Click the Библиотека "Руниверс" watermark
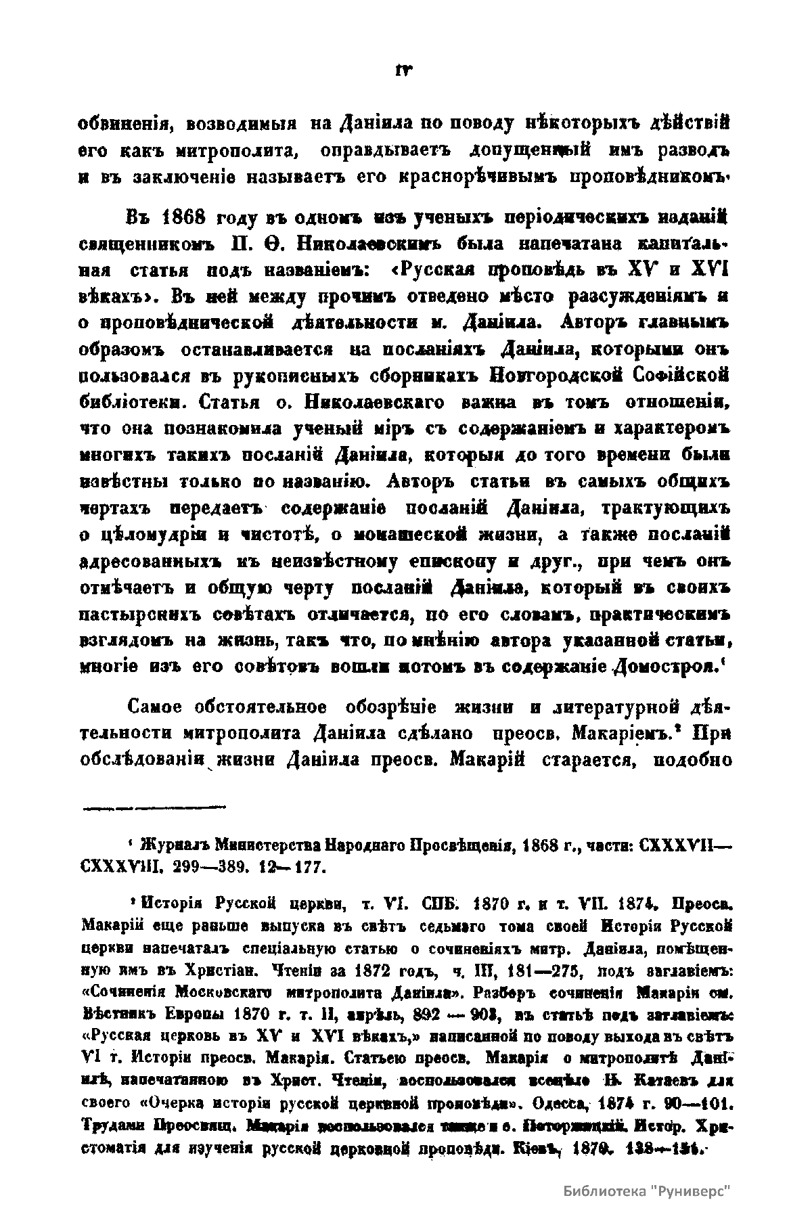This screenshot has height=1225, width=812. coord(648,1191)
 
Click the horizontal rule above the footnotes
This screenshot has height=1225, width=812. coord(154,807)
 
